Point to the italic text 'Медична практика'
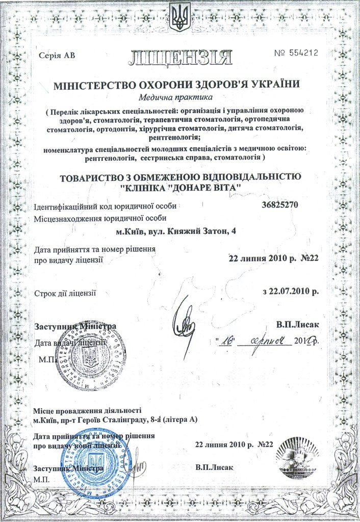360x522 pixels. point(179,97)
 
